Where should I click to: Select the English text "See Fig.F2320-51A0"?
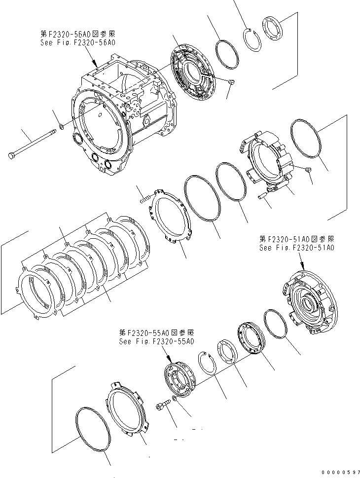pos(297,248)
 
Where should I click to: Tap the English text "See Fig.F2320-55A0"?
pos(156,341)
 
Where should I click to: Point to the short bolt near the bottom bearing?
pos(162,405)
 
